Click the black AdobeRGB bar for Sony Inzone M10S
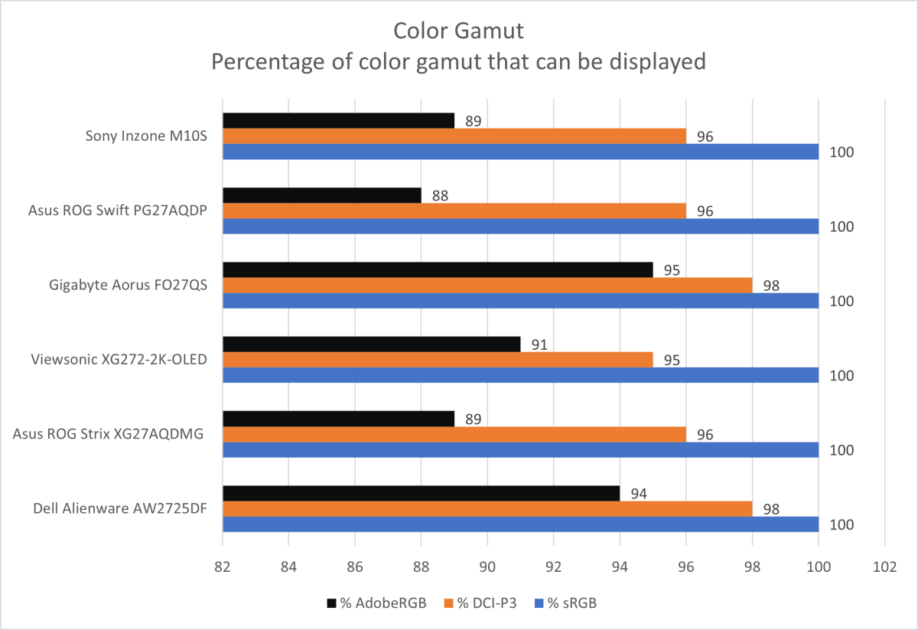338,121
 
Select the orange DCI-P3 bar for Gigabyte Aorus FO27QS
487,285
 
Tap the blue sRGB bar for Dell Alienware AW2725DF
520,524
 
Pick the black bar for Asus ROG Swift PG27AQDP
321,195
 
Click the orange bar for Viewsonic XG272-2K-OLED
438,360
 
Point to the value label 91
538,344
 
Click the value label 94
637,494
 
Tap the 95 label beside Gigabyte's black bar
671,270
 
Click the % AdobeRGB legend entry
373,603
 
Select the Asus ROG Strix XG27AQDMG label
109,434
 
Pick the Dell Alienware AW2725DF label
120,509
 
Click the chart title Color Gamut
458,31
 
